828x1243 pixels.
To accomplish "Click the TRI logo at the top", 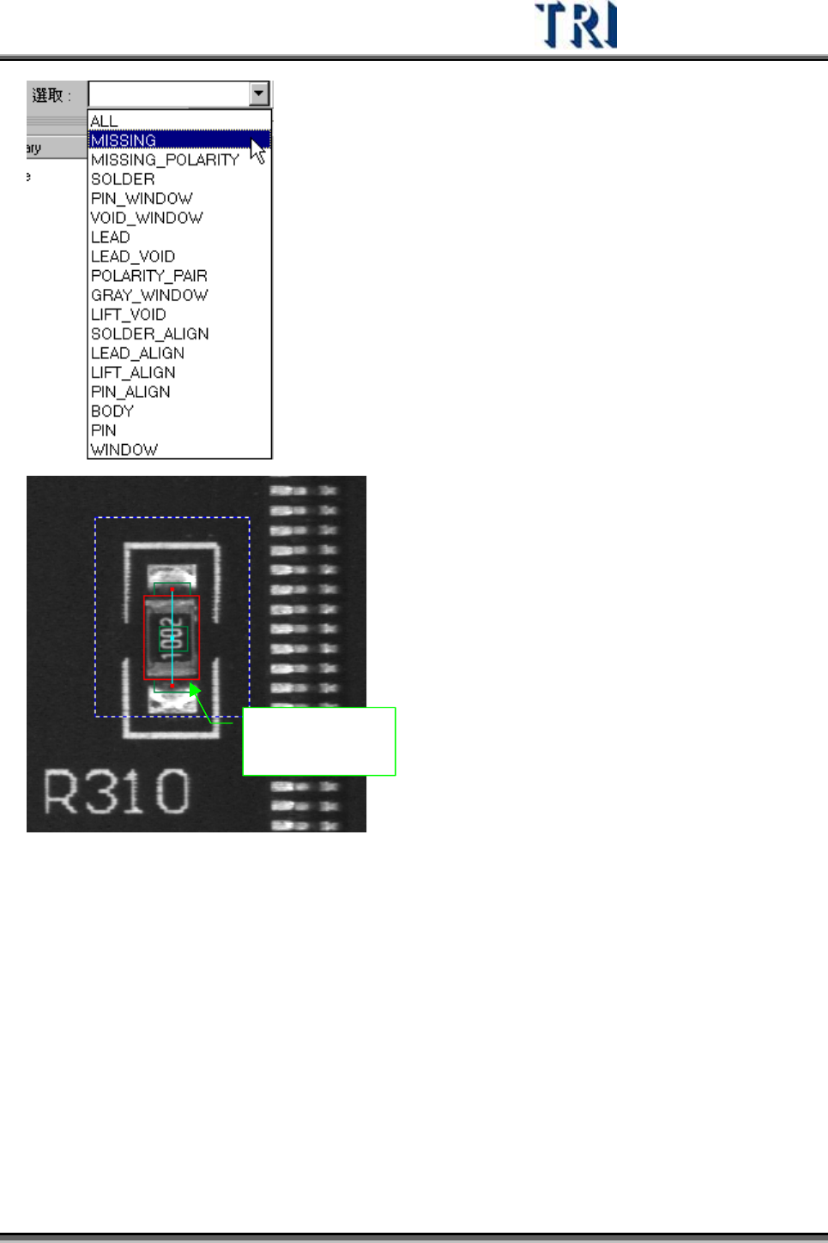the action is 576,26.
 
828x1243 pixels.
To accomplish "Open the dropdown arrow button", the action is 259,93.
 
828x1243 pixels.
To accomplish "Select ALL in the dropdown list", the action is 105,121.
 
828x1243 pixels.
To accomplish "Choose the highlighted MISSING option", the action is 124,141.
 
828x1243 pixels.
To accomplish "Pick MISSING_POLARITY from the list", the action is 165,160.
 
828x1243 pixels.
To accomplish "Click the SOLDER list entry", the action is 123,179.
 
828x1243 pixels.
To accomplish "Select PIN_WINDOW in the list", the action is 142,199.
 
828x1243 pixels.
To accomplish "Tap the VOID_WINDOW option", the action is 147,218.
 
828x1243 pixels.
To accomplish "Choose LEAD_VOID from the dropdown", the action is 133,256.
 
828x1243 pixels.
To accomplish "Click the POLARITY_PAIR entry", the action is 149,276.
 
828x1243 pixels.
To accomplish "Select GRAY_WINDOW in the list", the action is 149,295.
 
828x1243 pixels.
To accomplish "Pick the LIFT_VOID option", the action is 129,315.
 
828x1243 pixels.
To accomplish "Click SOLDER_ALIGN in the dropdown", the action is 150,333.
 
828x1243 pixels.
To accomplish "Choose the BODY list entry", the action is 112,411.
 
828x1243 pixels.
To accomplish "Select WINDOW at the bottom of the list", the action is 124,450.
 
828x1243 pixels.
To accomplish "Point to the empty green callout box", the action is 318,742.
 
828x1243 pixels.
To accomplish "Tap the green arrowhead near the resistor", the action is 195,689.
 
